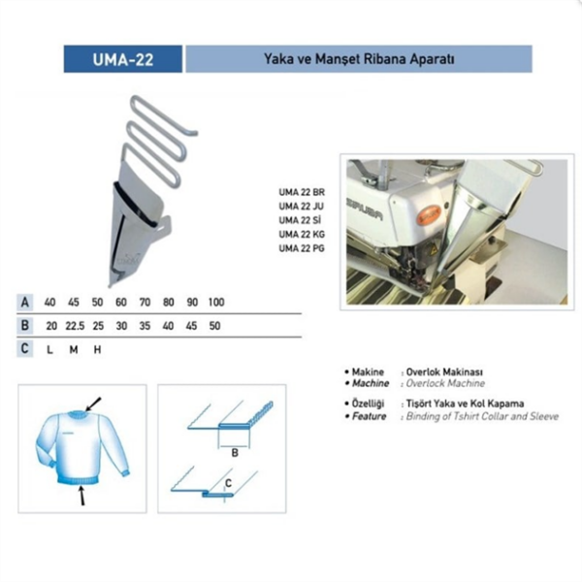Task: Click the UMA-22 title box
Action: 123,58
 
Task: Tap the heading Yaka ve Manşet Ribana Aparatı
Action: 359,58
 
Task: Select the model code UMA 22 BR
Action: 302,191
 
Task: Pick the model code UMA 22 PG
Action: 302,247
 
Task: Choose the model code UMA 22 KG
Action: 302,234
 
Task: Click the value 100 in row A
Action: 215,302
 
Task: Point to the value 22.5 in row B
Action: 74,326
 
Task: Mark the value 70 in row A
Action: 145,302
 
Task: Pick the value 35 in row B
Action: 145,326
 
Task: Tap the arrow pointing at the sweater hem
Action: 81,495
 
